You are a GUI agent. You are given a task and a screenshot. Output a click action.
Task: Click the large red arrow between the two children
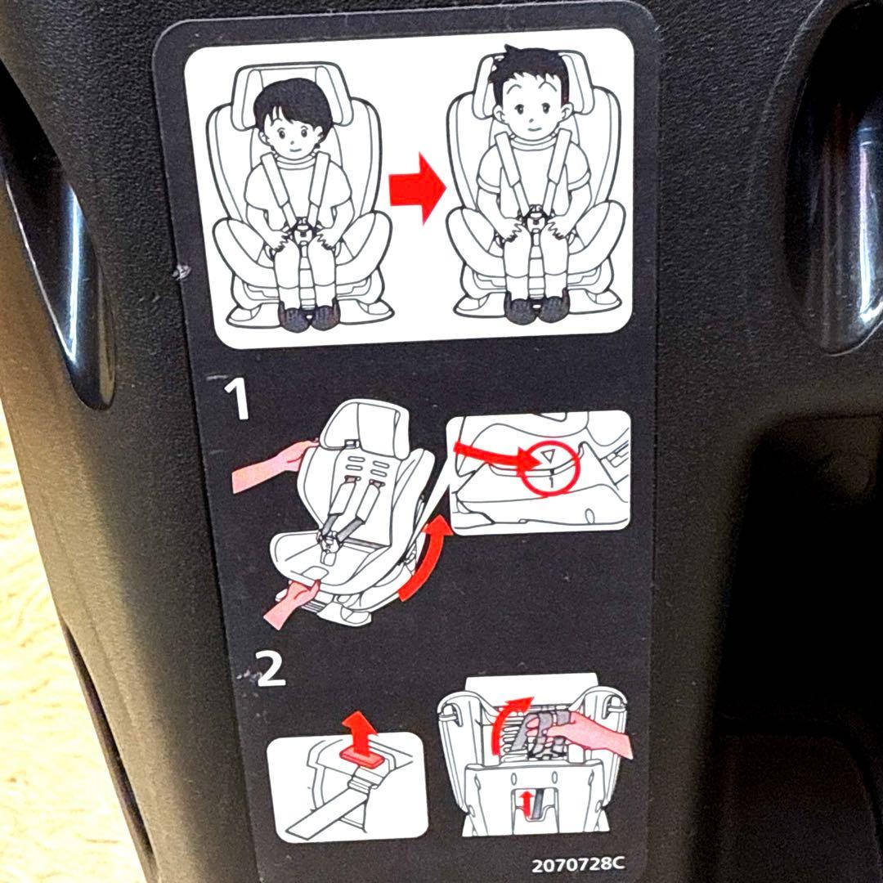[x=417, y=188]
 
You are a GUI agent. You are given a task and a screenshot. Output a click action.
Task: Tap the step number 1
[x=238, y=398]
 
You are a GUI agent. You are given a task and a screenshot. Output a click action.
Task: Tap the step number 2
[x=271, y=669]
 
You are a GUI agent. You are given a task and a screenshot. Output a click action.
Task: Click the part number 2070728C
[x=578, y=864]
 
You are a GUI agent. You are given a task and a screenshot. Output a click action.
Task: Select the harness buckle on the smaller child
[x=303, y=227]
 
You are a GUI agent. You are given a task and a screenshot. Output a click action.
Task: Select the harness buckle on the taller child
[x=536, y=216]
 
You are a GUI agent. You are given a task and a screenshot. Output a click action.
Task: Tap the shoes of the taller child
[x=537, y=307]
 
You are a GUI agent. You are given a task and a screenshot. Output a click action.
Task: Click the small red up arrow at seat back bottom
[x=527, y=802]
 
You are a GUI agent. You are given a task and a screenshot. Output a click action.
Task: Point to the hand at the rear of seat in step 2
[x=589, y=732]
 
